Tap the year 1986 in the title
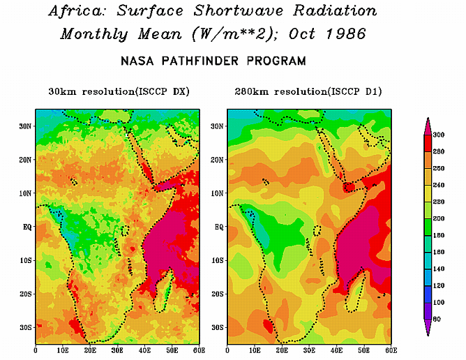tap(356, 33)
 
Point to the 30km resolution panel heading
tap(119, 91)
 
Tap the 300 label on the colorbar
tap(439, 135)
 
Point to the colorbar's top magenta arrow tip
tap(428, 121)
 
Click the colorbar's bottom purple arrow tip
tap(428, 333)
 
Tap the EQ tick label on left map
tap(24, 227)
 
